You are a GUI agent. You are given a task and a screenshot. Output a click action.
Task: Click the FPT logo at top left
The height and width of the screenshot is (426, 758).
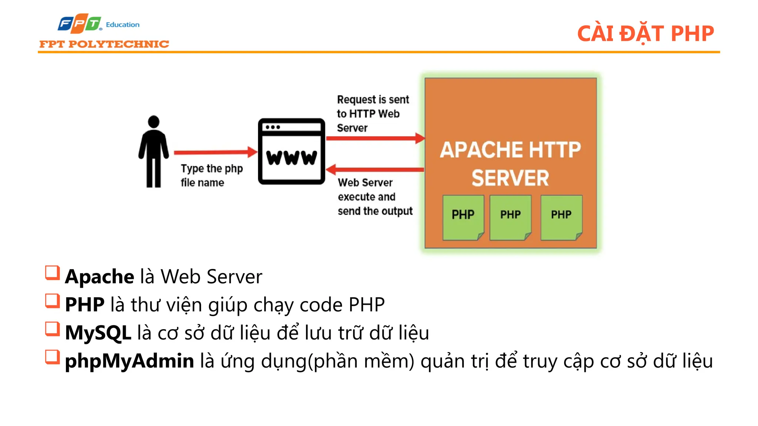(79, 24)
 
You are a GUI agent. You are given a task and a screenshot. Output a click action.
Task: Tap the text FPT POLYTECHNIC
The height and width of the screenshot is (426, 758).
(104, 44)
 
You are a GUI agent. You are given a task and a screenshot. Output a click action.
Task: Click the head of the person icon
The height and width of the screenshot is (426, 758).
(154, 122)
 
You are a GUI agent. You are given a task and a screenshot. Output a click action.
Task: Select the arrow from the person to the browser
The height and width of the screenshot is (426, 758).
(215, 152)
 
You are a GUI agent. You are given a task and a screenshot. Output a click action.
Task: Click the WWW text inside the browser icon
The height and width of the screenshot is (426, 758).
(291, 158)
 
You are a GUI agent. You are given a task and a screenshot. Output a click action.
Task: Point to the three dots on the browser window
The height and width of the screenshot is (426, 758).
(273, 127)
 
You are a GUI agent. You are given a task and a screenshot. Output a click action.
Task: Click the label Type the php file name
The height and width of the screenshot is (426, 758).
(211, 175)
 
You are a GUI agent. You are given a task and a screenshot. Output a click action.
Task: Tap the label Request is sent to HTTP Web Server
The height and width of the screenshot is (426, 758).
(372, 114)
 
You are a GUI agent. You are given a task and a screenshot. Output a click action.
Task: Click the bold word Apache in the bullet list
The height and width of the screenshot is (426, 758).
(100, 277)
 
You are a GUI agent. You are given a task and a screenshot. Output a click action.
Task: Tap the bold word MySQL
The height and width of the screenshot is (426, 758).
(98, 333)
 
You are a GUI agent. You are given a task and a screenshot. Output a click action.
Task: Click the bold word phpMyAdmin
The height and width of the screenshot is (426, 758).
(129, 361)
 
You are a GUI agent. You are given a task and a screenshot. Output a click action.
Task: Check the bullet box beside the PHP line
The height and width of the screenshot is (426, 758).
(52, 301)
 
